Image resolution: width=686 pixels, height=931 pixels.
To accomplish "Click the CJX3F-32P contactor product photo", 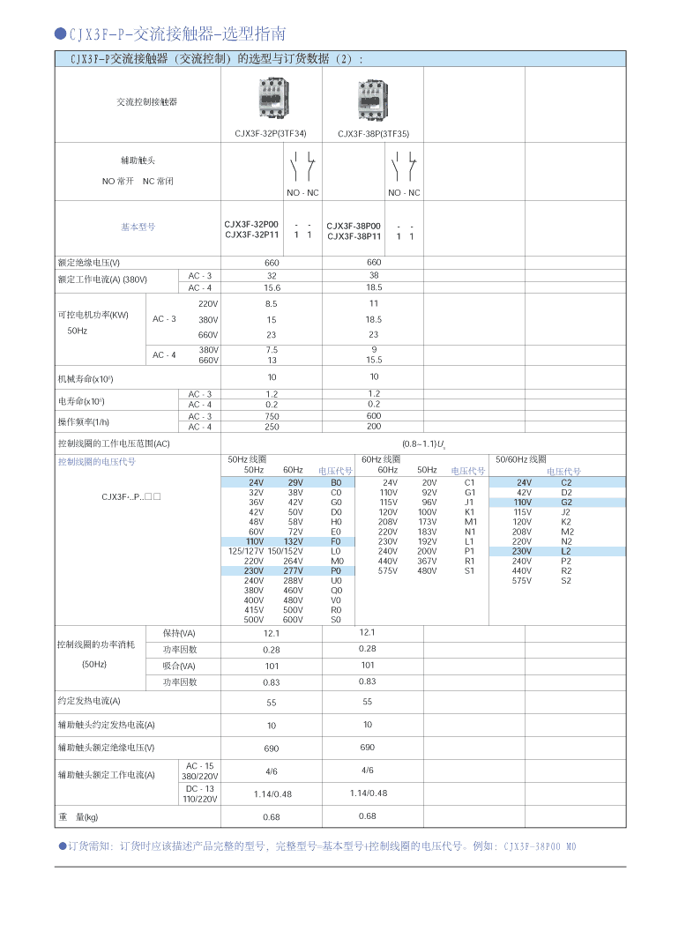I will point(272,98).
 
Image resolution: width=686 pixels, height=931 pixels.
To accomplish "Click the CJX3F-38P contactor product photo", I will point(374,99).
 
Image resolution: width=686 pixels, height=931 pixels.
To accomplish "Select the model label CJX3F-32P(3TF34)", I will point(271,134).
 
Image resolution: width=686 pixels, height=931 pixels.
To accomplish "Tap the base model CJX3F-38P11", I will point(354,236).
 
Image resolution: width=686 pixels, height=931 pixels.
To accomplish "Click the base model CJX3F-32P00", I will point(251,225).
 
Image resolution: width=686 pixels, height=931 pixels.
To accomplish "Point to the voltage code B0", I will point(336,483).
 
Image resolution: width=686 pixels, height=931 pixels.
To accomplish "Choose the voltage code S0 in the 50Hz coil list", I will point(336,620).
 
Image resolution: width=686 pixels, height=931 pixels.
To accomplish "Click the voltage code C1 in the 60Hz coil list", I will point(469,483).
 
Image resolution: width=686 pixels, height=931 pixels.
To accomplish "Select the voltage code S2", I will point(566,580).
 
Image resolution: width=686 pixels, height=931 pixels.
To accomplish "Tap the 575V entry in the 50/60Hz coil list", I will point(522,580).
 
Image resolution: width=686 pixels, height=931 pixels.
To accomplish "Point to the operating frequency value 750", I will point(272,416).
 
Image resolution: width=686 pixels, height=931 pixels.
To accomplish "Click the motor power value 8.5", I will point(272,303).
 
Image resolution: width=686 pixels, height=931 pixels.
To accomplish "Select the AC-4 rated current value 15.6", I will point(272,287).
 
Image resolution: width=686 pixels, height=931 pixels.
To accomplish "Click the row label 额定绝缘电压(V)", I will point(88,263).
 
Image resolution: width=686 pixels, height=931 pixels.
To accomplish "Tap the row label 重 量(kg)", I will point(78,817).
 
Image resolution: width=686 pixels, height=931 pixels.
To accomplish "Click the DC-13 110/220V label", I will point(199,793).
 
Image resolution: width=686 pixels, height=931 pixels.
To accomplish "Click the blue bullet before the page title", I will point(60,34).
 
